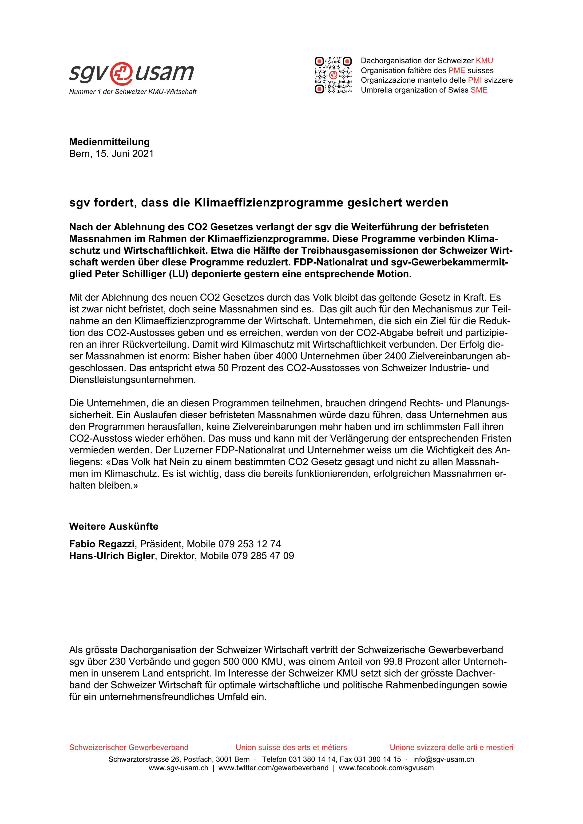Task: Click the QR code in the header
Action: tap(333, 75)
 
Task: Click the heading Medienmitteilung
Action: tap(109, 142)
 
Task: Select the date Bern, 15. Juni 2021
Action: tap(111, 154)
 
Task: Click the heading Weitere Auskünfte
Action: tap(114, 526)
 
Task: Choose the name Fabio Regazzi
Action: tap(102, 544)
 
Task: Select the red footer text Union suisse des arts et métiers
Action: tap(291, 748)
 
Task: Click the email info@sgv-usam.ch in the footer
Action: tap(443, 759)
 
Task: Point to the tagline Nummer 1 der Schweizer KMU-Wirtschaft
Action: tap(133, 92)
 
